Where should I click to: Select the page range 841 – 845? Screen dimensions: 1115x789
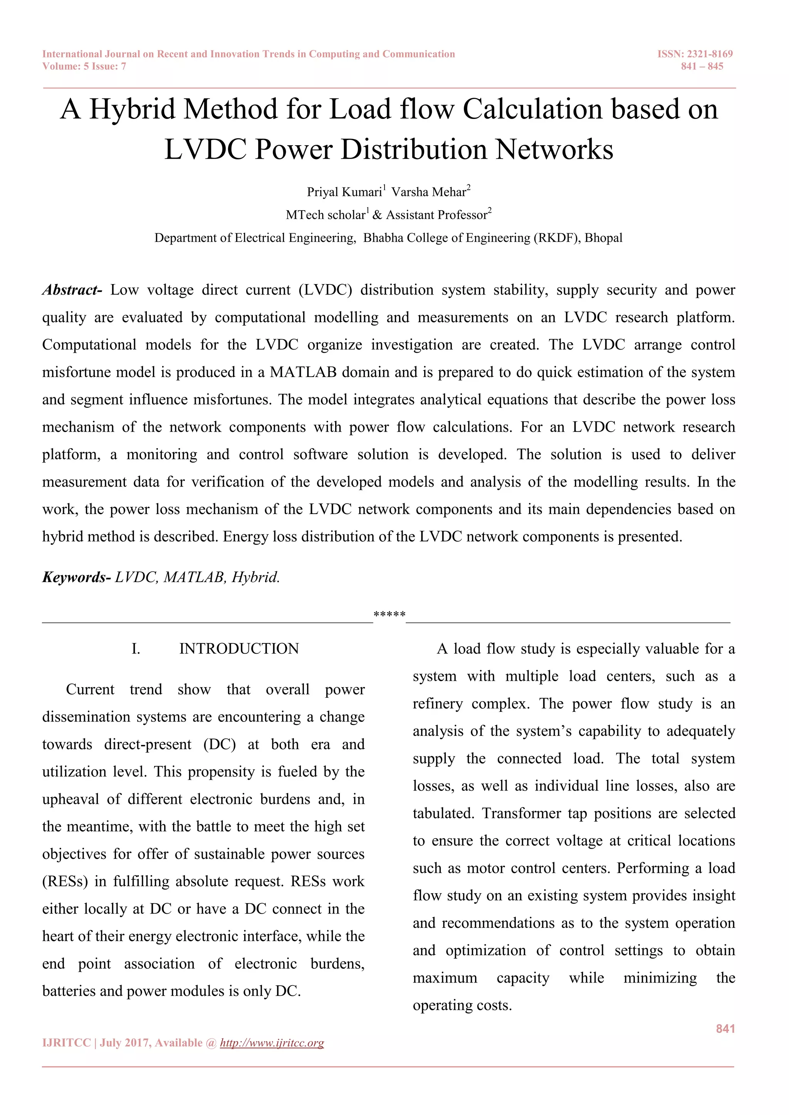702,67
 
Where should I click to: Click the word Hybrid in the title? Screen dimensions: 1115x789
132,109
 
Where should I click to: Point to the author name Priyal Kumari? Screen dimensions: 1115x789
344,192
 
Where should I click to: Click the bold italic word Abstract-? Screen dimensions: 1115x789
72,290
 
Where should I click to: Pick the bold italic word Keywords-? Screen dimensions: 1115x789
77,578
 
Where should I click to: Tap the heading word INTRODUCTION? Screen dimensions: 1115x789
239,649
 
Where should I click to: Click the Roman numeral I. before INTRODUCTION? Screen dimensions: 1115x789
136,649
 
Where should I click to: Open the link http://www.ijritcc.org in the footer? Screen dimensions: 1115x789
272,1043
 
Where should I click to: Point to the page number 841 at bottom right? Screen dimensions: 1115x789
725,1028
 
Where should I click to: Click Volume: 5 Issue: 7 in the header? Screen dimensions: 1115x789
84,67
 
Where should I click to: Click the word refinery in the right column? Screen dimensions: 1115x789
437,704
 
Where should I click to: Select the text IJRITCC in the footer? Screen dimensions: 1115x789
67,1043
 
